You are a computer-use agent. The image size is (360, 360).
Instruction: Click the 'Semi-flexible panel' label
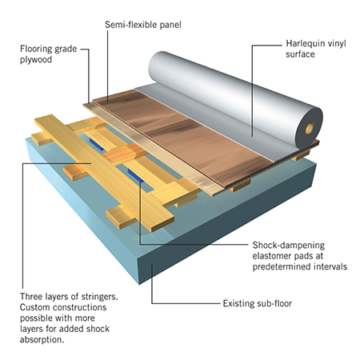[143, 25]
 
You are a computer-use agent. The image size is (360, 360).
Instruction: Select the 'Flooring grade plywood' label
[48, 54]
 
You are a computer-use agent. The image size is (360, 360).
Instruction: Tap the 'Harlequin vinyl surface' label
[316, 49]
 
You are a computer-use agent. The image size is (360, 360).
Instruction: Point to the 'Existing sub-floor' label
[258, 303]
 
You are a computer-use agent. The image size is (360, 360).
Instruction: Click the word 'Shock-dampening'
[289, 245]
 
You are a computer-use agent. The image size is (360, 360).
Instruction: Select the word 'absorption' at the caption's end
[42, 340]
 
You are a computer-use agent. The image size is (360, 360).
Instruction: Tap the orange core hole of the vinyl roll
[310, 129]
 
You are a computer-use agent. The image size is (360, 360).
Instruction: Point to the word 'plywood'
[36, 60]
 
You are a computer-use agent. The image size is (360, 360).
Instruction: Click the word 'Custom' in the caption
[35, 307]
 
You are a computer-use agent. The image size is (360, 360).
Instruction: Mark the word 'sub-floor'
[274, 303]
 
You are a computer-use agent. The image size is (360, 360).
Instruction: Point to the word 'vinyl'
[338, 44]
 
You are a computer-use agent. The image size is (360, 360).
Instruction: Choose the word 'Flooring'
[36, 49]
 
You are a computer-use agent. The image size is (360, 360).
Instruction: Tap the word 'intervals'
[330, 266]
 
